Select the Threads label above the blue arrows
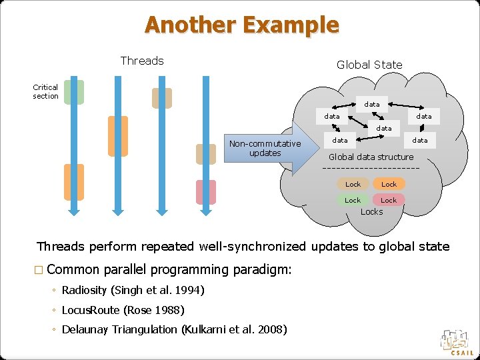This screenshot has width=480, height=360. tap(142, 61)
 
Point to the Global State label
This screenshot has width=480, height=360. tap(369, 65)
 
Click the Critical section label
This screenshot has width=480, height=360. tap(45, 91)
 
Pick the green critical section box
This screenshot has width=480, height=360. tap(74, 92)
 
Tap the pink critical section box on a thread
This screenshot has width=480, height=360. tap(206, 192)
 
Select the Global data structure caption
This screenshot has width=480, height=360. tap(371, 157)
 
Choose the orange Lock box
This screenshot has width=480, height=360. tap(389, 184)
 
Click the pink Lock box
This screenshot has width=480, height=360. tap(389, 200)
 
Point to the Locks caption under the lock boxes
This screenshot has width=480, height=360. tap(371, 212)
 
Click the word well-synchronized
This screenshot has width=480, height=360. tap(253, 247)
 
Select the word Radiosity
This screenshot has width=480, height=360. tap(85, 291)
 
